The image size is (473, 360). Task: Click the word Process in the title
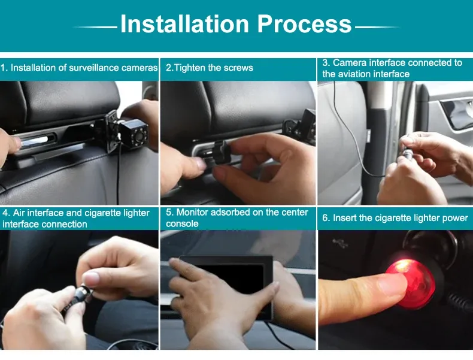[x=305, y=25]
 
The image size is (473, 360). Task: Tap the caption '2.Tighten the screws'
[x=210, y=68]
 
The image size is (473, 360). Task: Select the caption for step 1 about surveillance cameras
[x=79, y=68]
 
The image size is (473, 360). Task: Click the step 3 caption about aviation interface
[x=392, y=68]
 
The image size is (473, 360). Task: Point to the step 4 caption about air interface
[x=76, y=219]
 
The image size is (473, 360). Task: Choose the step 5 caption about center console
[x=237, y=218]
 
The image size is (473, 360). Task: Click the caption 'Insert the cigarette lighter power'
[x=395, y=218]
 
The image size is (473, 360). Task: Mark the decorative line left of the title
[x=96, y=27]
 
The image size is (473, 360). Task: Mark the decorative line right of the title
[x=377, y=27]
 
